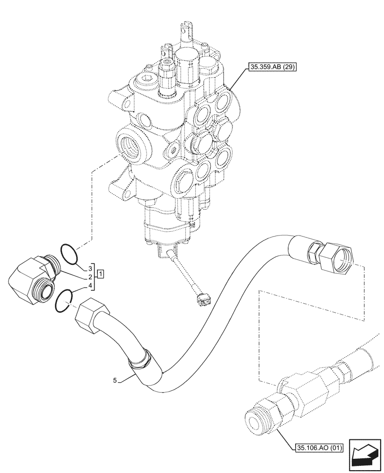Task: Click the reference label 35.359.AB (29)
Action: click(271, 67)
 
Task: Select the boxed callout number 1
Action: click(101, 274)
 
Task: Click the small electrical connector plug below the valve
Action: click(204, 298)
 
